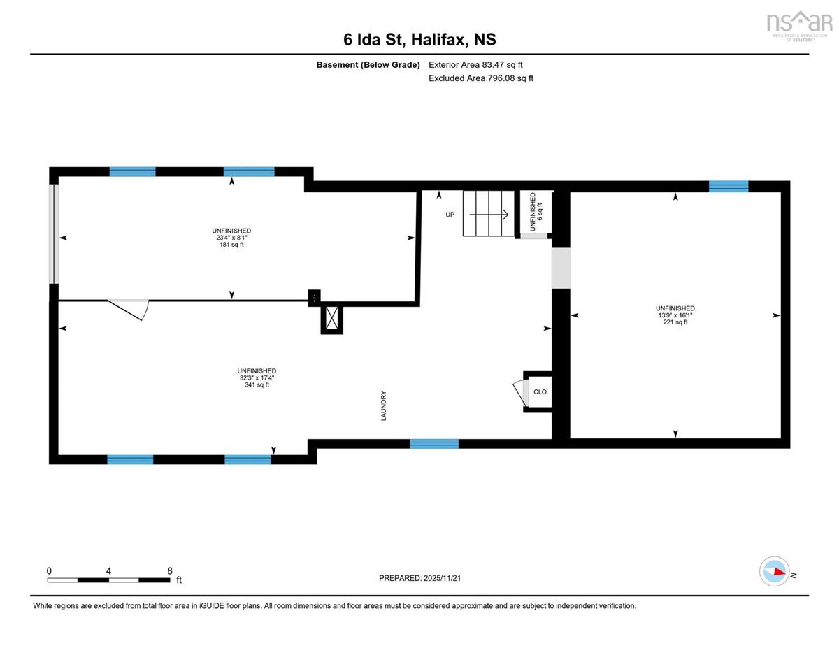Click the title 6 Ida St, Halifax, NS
pos(419,39)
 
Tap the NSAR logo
pos(799,26)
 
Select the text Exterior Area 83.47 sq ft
pos(475,65)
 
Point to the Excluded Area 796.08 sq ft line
pos(481,78)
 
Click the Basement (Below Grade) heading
pos(368,65)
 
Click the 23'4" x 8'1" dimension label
pos(231,238)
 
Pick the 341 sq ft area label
pos(257,384)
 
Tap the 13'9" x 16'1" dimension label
pos(675,315)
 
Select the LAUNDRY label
pos(383,405)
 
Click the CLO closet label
pos(540,391)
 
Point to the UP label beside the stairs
pos(450,215)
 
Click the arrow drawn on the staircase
pos(489,214)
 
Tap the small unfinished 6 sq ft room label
pos(536,212)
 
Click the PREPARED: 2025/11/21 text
pos(419,578)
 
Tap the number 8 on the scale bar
pos(170,570)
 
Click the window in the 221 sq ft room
pos(729,187)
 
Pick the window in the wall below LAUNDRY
pos(434,444)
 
